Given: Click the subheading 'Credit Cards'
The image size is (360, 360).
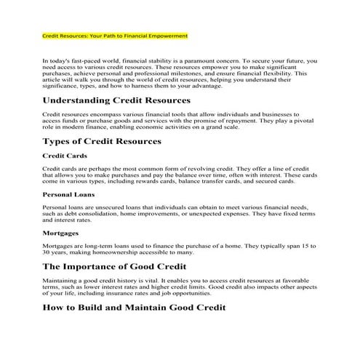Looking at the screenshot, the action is (64, 156).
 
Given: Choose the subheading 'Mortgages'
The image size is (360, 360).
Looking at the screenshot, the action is (61, 233).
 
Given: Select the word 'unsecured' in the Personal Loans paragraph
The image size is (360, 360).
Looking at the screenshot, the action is (105, 207).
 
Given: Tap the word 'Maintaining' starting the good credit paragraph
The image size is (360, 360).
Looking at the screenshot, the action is (60, 282).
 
